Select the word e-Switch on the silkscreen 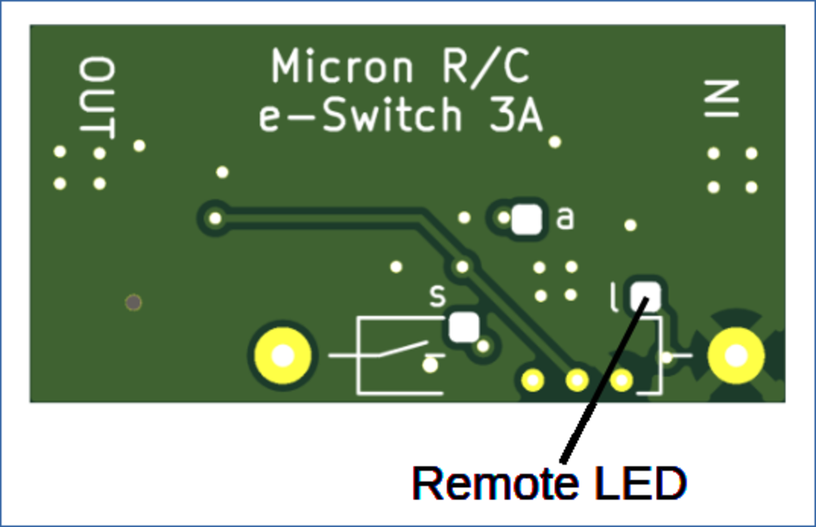tap(360, 117)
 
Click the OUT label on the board tap(97, 97)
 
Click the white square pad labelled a tap(528, 219)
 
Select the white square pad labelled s tap(463, 326)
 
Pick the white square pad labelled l tap(647, 294)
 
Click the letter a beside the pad tap(565, 219)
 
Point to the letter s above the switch tap(437, 296)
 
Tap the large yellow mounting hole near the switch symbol tap(282, 356)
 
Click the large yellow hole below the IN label tap(735, 356)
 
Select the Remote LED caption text tap(549, 484)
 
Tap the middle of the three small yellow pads tap(578, 379)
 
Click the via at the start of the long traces tap(215, 218)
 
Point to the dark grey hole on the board tap(133, 303)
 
